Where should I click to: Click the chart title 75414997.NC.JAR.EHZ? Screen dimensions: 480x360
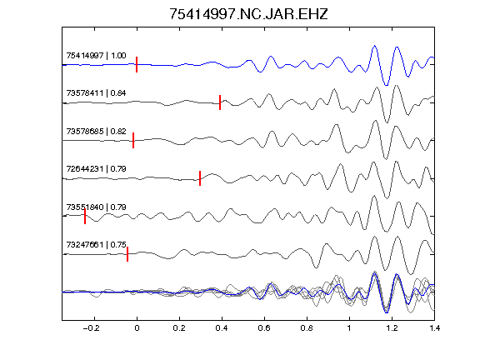click(248, 14)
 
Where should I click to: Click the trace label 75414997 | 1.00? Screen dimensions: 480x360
click(96, 55)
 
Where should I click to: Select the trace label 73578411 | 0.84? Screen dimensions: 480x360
click(96, 93)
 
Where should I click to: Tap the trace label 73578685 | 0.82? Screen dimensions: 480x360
click(96, 132)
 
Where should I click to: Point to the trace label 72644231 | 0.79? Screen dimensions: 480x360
click(96, 169)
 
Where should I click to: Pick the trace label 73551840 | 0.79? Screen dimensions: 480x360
click(96, 207)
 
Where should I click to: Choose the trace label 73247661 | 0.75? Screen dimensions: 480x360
click(96, 245)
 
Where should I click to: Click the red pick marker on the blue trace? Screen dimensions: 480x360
click(137, 65)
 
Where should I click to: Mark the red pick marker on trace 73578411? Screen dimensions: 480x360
click(220, 102)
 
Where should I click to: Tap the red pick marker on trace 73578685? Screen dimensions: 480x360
click(133, 140)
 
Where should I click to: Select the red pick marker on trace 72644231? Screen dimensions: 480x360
click(200, 178)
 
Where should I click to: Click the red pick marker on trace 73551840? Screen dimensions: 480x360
click(85, 216)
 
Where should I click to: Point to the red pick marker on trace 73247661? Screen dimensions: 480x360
click(127, 254)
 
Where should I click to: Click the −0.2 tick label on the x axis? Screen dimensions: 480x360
click(92, 328)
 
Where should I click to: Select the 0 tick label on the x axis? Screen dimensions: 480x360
click(137, 328)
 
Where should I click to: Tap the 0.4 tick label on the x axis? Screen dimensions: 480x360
click(222, 328)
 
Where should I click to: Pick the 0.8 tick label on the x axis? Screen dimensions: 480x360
click(307, 328)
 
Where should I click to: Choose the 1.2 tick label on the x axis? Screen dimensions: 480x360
click(392, 328)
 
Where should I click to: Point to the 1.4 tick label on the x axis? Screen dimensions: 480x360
click(434, 328)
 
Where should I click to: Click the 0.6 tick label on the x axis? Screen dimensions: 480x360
click(264, 328)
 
